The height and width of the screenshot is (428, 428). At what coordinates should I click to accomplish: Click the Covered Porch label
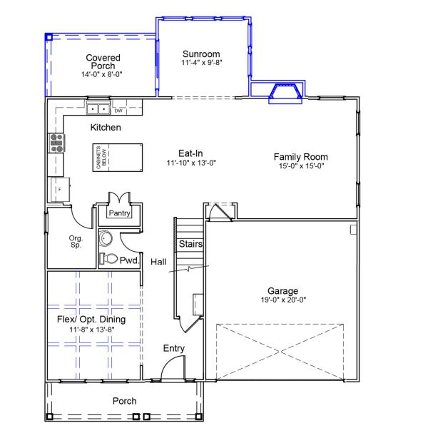point(103,62)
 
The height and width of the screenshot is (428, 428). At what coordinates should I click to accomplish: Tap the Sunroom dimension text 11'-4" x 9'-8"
point(200,63)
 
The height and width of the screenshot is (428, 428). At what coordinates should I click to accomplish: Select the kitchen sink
point(98,109)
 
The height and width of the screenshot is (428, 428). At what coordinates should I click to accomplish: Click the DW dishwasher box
point(118,111)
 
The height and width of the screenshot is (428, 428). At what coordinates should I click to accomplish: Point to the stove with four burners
point(56,143)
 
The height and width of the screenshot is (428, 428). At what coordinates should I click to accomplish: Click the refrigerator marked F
point(59,190)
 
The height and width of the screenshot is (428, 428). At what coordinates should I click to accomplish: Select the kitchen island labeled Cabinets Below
point(115,157)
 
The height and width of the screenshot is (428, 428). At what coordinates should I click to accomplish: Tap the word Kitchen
point(105,128)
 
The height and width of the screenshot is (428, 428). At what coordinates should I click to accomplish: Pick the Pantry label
point(118,213)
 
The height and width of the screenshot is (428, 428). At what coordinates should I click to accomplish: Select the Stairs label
point(190,244)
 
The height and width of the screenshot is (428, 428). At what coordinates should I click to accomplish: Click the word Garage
point(282,291)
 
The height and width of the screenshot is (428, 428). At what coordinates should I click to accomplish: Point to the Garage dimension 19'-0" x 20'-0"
point(282,300)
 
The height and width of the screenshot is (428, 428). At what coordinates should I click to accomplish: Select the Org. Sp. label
point(76,241)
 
